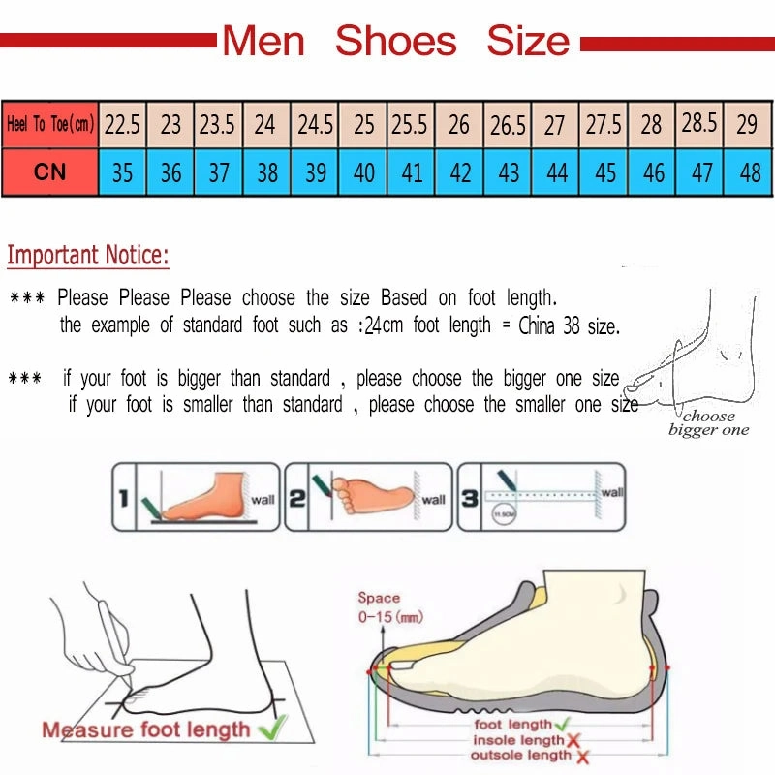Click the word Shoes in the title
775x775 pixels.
pyautogui.click(x=395, y=41)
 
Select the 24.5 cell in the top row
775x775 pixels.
pyautogui.click(x=315, y=125)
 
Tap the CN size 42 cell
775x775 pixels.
pyautogui.click(x=460, y=172)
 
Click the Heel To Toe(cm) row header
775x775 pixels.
pyautogui.click(x=50, y=125)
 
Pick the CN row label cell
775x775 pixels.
pyautogui.click(x=50, y=172)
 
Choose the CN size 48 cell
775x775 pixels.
pyautogui.click(x=749, y=172)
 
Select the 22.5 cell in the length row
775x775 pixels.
pyautogui.click(x=122, y=125)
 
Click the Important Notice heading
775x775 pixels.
pyautogui.click(x=88, y=256)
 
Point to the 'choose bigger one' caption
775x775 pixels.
pyautogui.click(x=708, y=423)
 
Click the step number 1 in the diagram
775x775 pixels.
pyautogui.click(x=123, y=499)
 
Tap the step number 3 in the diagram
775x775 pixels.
pyautogui.click(x=469, y=499)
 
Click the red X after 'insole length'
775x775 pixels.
pyautogui.click(x=573, y=741)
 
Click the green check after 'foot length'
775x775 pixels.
pyautogui.click(x=563, y=724)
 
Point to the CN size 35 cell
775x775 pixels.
pyautogui.click(x=122, y=172)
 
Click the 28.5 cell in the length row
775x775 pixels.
pyautogui.click(x=699, y=123)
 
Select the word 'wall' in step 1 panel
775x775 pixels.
pyautogui.click(x=263, y=500)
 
